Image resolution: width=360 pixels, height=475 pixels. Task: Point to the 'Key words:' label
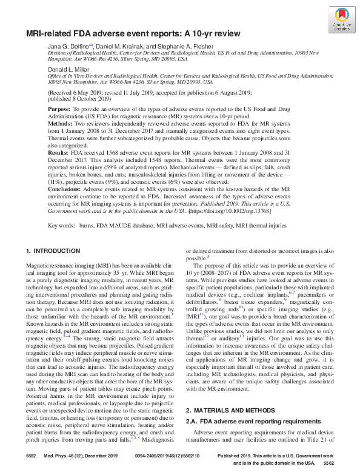coord(61,225)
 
